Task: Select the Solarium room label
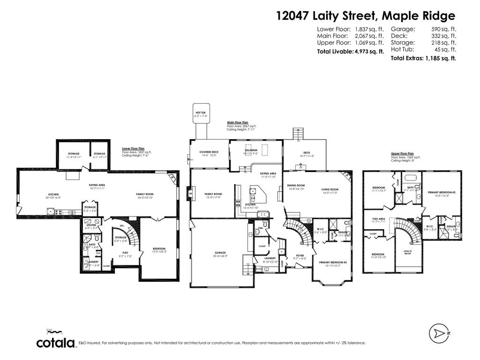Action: [251, 150]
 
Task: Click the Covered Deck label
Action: [209, 152]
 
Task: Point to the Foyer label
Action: [300, 255]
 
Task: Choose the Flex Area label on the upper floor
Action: [379, 219]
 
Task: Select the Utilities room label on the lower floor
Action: [91, 225]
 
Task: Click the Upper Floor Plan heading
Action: [402, 154]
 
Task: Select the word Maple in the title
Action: [403, 16]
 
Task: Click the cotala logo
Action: [56, 343]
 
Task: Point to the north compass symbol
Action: [439, 333]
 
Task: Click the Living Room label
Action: [330, 190]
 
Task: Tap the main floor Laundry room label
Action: [270, 258]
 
